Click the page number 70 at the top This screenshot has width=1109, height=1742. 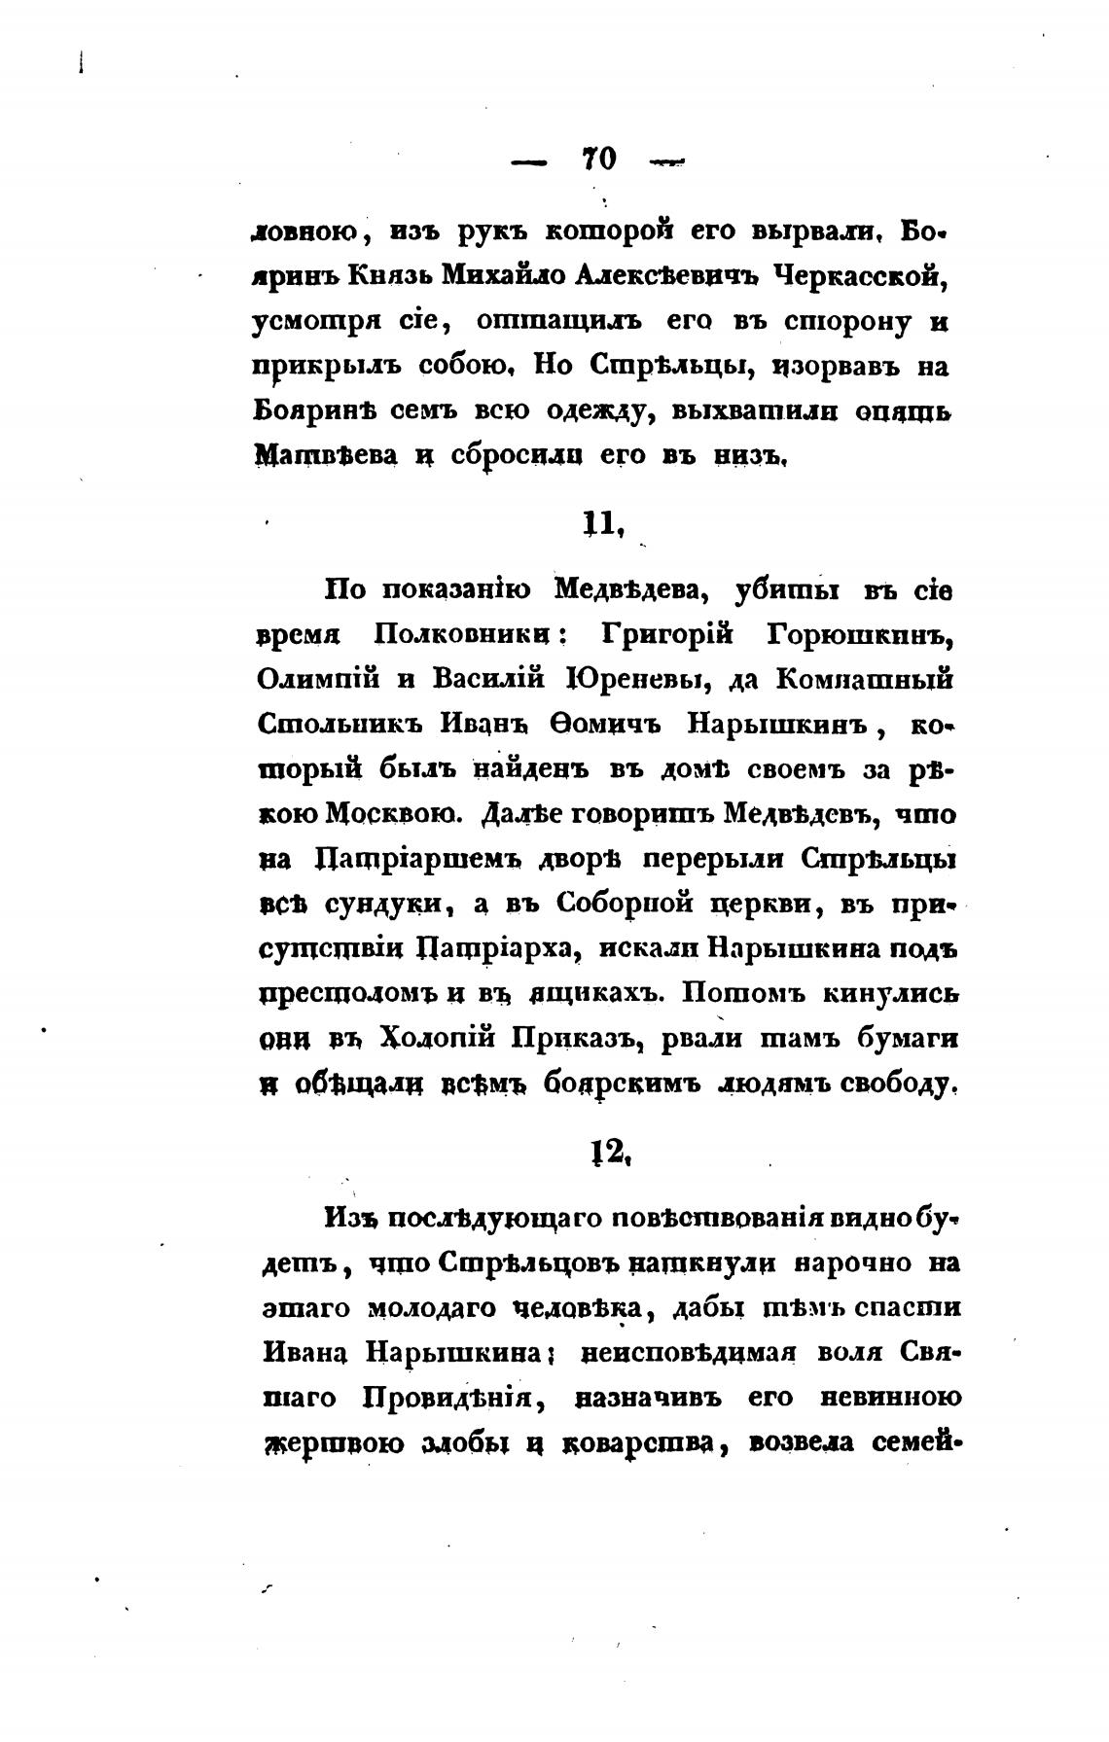[599, 160]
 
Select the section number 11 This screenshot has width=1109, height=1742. [600, 524]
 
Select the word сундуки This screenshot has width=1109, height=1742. [384, 903]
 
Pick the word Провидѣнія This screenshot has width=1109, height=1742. [447, 1399]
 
